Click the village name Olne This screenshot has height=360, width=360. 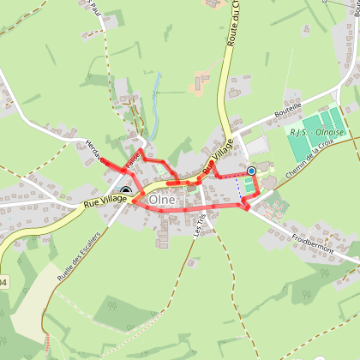pyautogui.click(x=162, y=200)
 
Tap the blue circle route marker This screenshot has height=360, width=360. pyautogui.click(x=251, y=171)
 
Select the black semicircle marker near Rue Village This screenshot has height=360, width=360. pyautogui.click(x=126, y=193)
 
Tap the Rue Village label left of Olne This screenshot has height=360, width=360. pyautogui.click(x=105, y=202)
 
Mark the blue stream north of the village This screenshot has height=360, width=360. pyautogui.click(x=153, y=103)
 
